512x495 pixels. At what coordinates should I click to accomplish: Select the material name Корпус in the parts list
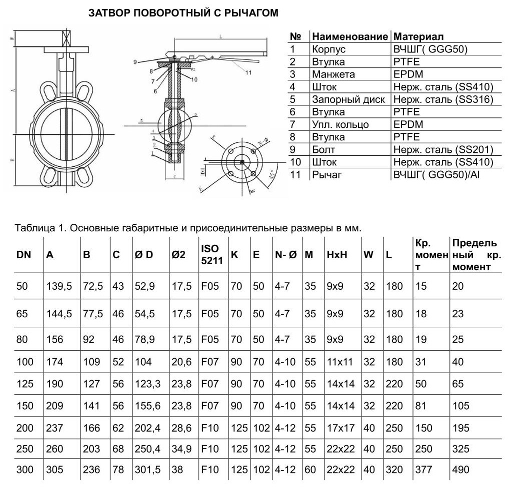(328, 49)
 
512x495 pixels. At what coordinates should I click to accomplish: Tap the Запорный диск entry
(348, 99)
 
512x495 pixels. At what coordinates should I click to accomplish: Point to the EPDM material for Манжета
(408, 74)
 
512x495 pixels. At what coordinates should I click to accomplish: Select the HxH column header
(336, 255)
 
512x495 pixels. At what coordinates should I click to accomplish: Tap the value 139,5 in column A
(59, 286)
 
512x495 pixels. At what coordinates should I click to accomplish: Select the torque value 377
(424, 470)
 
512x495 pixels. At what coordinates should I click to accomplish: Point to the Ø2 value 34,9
(181, 449)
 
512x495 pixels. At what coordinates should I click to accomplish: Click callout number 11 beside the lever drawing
(248, 73)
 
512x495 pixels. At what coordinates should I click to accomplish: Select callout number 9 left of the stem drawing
(135, 61)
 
